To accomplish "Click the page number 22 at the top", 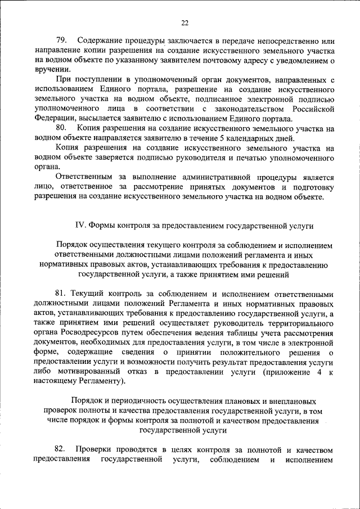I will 185,23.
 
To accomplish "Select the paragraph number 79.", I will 61,41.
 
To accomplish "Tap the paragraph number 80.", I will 61,129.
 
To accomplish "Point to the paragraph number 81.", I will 61,294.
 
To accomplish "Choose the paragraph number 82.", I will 61,450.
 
